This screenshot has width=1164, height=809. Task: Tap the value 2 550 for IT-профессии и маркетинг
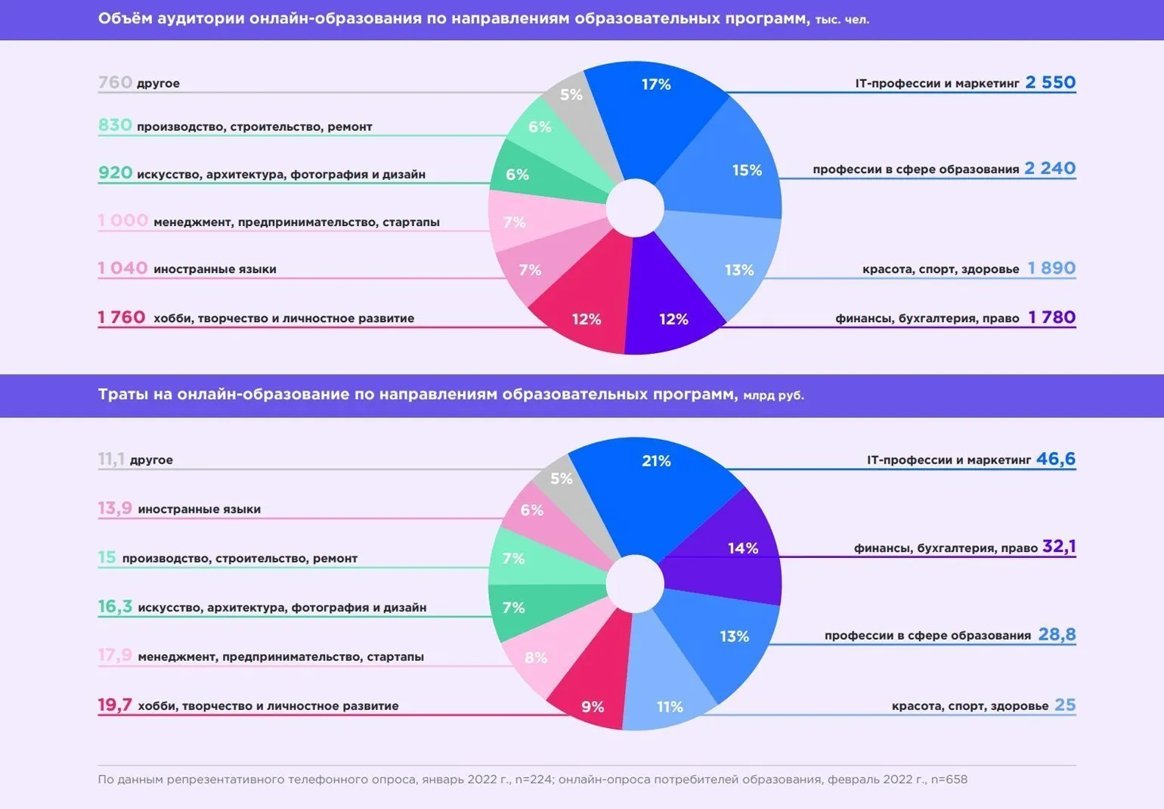[1050, 82]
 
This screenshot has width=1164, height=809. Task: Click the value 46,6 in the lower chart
[1055, 459]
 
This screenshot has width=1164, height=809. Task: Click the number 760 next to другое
[115, 82]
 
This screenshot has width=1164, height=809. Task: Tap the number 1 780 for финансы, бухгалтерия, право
[1051, 318]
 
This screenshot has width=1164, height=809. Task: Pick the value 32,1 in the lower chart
[1058, 547]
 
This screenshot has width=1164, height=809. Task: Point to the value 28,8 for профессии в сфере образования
[1057, 635]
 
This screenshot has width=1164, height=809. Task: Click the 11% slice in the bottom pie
[669, 699]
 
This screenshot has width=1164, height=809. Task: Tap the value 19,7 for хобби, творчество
[115, 705]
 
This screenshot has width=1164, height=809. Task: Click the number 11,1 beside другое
[111, 460]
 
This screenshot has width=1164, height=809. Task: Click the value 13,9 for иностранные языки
[115, 509]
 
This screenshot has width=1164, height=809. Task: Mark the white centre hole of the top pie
[635, 208]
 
